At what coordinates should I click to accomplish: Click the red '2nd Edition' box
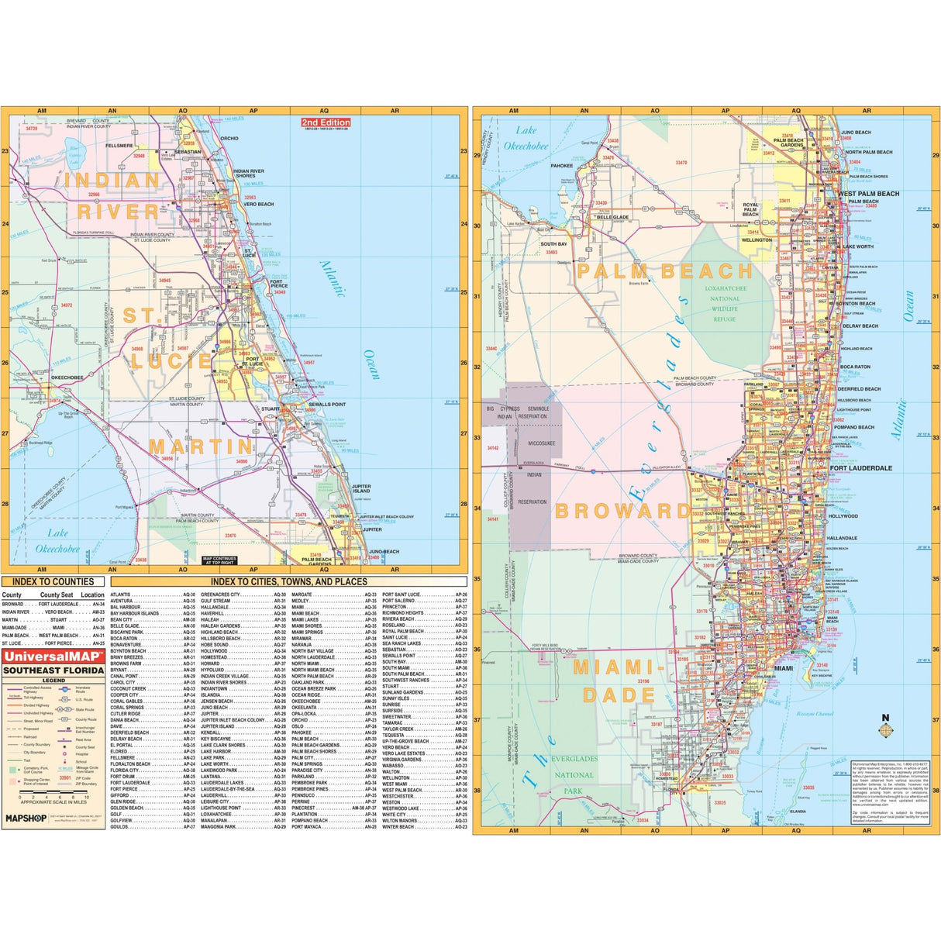coord(326,122)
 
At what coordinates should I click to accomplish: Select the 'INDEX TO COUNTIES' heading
coord(53,581)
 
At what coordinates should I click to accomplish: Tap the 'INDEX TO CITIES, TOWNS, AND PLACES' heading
coord(289,581)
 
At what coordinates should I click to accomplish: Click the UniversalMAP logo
coord(53,657)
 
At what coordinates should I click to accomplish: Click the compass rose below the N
coord(886,730)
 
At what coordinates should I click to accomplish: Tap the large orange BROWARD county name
coord(622,511)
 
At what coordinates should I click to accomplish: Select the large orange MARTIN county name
coord(201,447)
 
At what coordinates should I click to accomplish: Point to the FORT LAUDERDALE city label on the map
coord(860,468)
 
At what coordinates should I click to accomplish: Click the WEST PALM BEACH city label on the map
coord(869,194)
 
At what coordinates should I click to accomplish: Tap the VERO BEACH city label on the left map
coord(260,205)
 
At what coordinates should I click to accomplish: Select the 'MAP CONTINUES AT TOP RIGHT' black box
coord(219,560)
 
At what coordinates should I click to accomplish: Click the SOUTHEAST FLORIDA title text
coord(53,670)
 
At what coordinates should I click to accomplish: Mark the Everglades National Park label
coord(574,775)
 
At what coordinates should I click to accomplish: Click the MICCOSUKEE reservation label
coord(541,443)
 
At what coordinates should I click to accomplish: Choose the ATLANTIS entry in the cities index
coord(121,595)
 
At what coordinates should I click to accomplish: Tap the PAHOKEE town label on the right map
coord(561,166)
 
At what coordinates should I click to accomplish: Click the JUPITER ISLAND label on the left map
coord(361,489)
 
